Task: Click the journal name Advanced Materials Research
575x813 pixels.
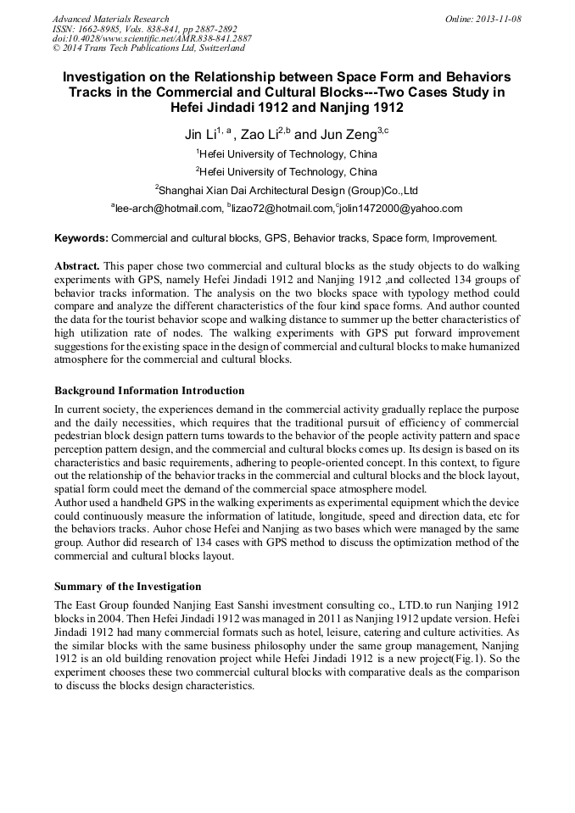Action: click(111, 19)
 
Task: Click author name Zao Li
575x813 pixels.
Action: click(260, 135)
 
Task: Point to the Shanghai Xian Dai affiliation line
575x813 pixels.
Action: click(287, 190)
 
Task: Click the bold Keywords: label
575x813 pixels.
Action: click(81, 238)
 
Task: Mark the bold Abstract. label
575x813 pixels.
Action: click(77, 266)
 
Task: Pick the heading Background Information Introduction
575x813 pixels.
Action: click(149, 391)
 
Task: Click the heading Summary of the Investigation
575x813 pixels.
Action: click(128, 586)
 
